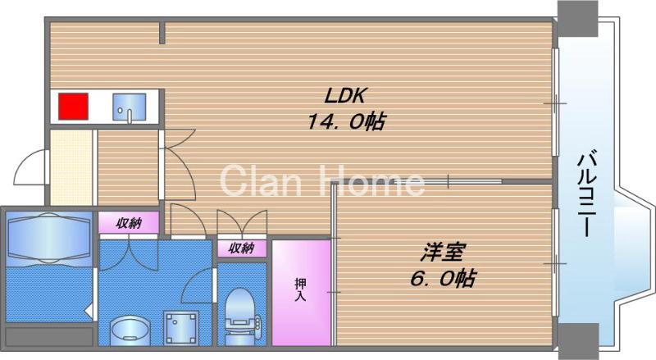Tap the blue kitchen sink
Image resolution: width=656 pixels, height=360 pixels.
pyautogui.click(x=129, y=107)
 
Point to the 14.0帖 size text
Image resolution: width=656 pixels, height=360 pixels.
pyautogui.click(x=346, y=122)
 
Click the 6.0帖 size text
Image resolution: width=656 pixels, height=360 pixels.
pyautogui.click(x=440, y=278)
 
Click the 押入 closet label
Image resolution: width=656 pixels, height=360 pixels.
pyautogui.click(x=301, y=290)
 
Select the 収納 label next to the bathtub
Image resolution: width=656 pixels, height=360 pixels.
pyautogui.click(x=128, y=223)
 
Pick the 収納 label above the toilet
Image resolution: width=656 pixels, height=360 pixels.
pyautogui.click(x=241, y=248)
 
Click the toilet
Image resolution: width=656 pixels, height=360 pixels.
pyautogui.click(x=241, y=312)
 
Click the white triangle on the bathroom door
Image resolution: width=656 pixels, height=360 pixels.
pyautogui.click(x=89, y=311)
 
